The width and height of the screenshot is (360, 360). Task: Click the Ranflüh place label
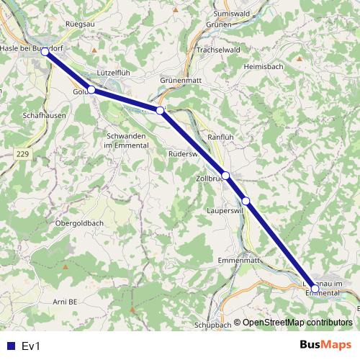click(x=220, y=137)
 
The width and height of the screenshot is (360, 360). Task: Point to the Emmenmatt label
click(x=239, y=259)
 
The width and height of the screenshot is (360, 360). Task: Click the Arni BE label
click(x=65, y=301)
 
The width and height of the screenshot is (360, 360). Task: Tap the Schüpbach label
click(x=212, y=325)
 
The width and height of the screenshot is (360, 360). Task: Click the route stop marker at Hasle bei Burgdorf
click(x=45, y=53)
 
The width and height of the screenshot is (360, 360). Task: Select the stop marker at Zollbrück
click(x=226, y=175)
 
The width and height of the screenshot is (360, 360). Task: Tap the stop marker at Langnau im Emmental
click(x=315, y=289)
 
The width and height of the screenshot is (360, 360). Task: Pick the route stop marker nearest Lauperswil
click(x=246, y=201)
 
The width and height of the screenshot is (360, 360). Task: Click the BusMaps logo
click(x=325, y=345)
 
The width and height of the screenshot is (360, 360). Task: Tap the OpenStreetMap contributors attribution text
click(x=296, y=323)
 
